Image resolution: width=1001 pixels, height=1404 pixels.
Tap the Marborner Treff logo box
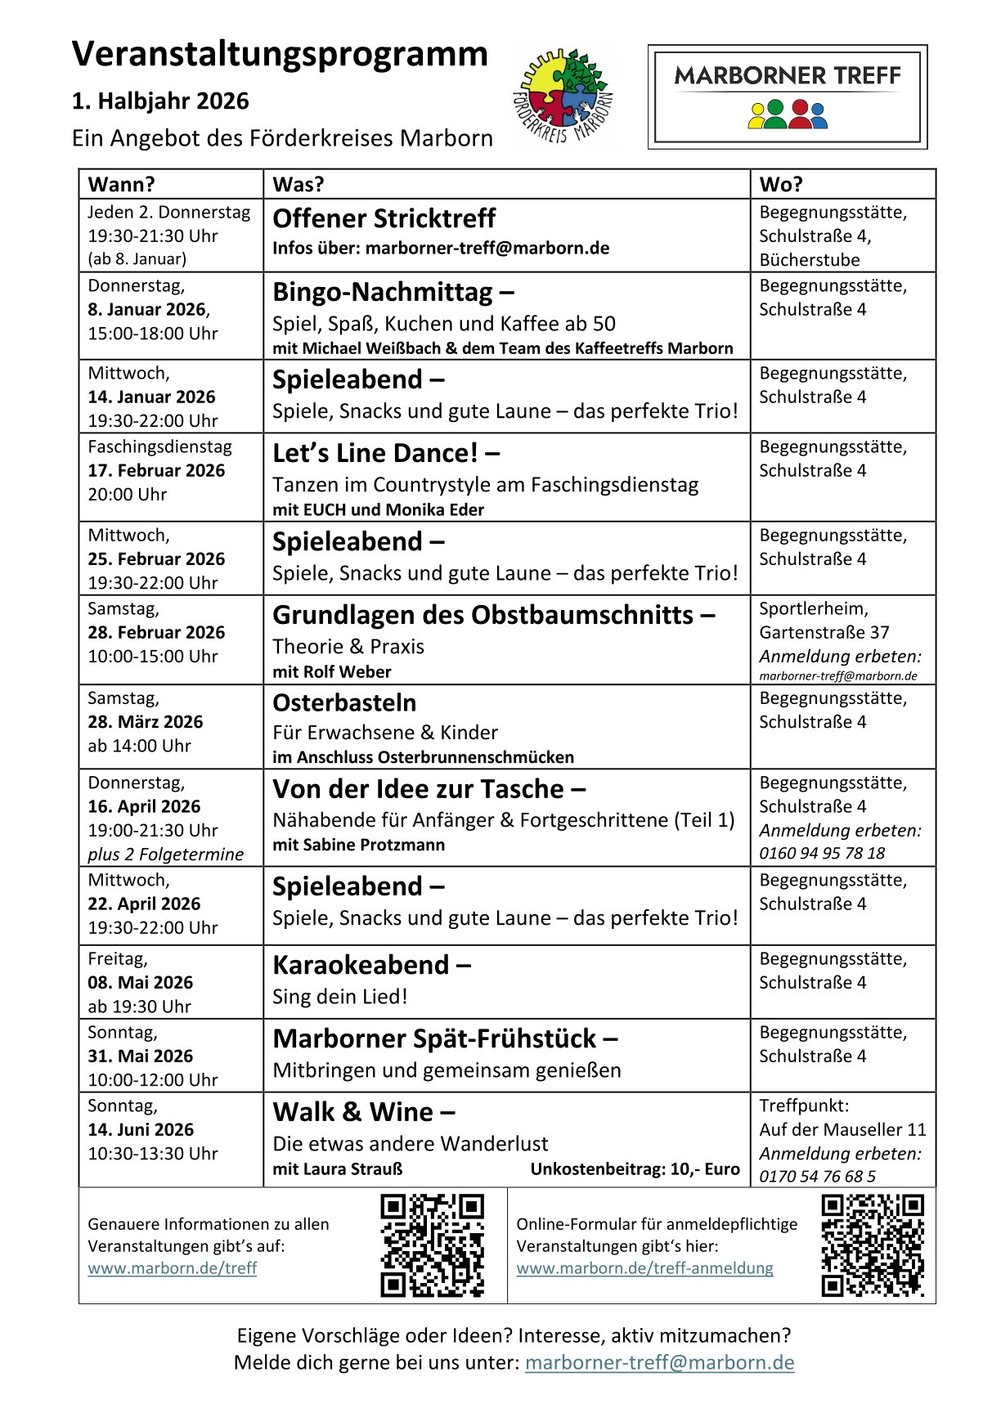click(x=788, y=96)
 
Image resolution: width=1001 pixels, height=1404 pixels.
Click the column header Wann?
click(x=122, y=184)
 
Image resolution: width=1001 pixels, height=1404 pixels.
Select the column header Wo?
click(x=781, y=184)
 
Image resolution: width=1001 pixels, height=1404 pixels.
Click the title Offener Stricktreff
click(x=384, y=218)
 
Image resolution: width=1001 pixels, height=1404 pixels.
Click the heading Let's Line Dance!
click(x=375, y=453)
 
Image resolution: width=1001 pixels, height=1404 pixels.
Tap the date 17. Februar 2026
click(x=156, y=470)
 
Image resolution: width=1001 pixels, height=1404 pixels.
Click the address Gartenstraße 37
click(x=824, y=632)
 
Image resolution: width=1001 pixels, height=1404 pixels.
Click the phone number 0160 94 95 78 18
click(x=822, y=853)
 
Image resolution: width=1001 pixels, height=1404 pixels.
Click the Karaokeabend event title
click(x=361, y=965)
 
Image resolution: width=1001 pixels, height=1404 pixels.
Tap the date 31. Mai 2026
click(x=141, y=1056)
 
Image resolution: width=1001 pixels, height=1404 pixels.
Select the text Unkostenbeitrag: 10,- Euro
click(x=635, y=1169)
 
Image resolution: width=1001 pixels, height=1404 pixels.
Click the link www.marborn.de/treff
click(x=173, y=1267)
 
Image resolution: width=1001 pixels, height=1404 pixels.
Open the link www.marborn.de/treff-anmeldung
click(x=644, y=1267)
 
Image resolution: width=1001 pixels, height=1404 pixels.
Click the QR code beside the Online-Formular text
click(x=872, y=1245)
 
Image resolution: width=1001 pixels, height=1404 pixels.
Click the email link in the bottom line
click(x=659, y=1362)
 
